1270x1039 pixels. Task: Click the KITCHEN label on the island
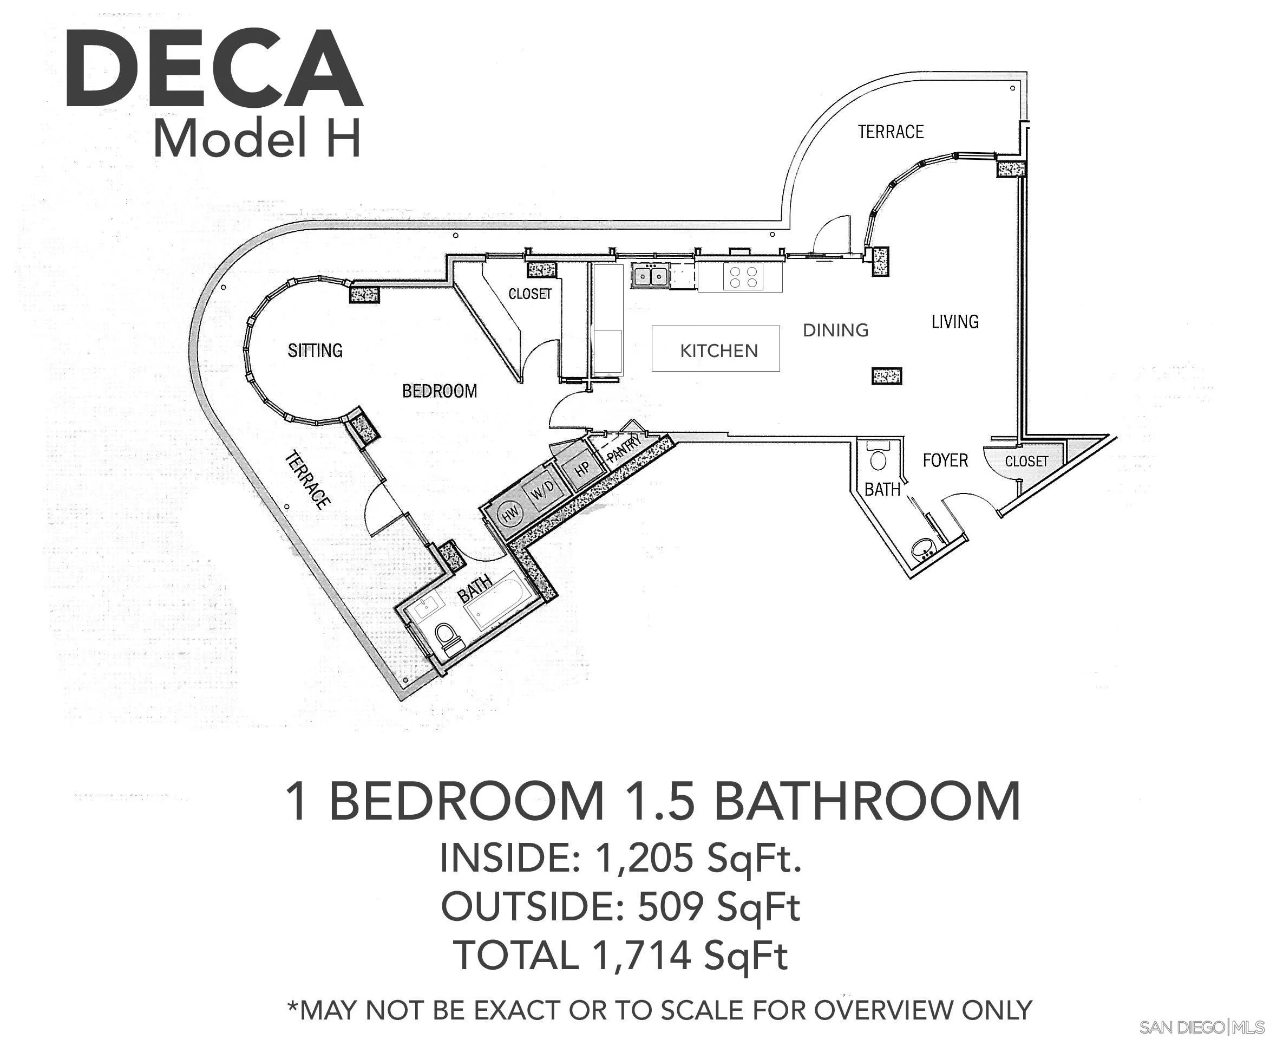coord(718,350)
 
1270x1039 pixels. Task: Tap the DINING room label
coord(835,330)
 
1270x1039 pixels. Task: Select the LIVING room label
coord(955,322)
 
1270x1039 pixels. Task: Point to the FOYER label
coord(945,460)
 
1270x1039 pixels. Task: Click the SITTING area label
coord(315,350)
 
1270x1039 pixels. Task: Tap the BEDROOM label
coord(440,392)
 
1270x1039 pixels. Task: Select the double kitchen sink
coord(650,276)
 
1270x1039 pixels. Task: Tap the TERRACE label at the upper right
coord(891,132)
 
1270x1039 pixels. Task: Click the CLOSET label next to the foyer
coord(1026,462)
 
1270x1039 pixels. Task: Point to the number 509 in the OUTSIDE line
coord(671,906)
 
